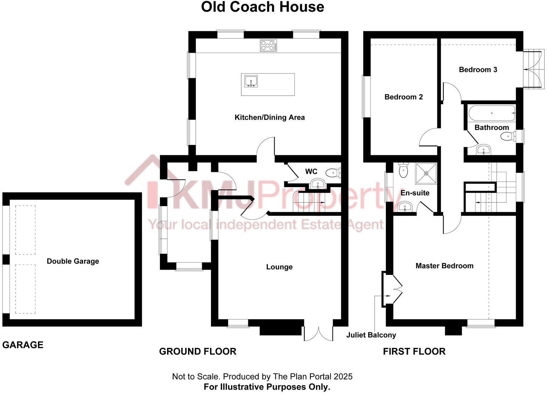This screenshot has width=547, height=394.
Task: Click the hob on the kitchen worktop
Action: point(269,45)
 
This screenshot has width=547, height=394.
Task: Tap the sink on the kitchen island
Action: point(251,81)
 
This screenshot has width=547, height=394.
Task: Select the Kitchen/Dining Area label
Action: point(270,117)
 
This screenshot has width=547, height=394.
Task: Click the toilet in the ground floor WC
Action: point(332,173)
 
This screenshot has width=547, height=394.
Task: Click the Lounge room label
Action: point(279,267)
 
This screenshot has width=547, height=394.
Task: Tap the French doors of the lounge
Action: point(319,333)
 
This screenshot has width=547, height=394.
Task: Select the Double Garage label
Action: point(73,261)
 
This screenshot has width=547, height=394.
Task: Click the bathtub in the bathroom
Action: point(491,113)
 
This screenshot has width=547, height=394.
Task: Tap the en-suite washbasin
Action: point(405,206)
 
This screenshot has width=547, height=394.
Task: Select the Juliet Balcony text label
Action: point(371,335)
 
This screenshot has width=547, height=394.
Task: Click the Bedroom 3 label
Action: point(478,69)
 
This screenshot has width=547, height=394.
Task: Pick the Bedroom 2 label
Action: point(403,97)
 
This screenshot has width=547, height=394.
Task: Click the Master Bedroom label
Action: point(444,266)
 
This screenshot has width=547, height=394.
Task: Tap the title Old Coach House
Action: point(263,7)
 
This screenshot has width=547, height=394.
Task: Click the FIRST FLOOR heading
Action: point(414,351)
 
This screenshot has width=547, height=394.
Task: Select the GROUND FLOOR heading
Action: point(198,351)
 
